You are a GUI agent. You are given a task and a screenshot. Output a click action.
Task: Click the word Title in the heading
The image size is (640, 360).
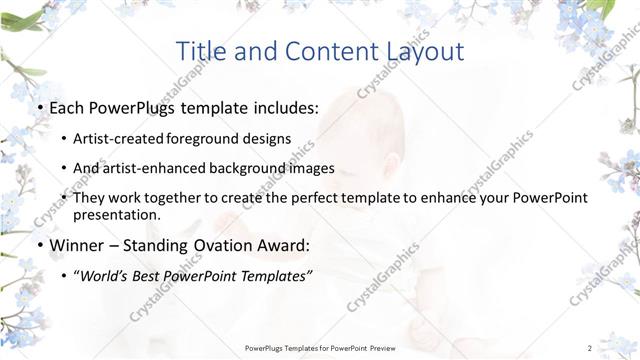pyautogui.click(x=201, y=51)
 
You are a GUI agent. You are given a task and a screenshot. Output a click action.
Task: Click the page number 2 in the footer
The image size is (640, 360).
pyautogui.click(x=590, y=347)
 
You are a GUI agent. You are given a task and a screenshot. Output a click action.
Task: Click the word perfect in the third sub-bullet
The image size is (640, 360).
pyautogui.click(x=330, y=198)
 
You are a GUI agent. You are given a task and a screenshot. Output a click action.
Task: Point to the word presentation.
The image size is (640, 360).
pyautogui.click(x=116, y=214)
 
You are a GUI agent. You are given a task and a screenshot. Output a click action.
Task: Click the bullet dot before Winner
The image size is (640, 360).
pyautogui.click(x=38, y=245)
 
